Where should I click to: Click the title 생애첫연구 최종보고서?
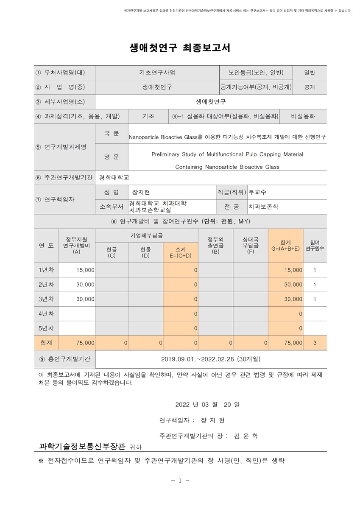[180, 48]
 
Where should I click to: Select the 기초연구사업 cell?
[157, 73]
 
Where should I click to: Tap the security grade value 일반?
[310, 73]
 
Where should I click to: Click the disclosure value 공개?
[310, 87]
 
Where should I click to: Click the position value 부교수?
[257, 193]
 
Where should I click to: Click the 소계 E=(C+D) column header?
[181, 252]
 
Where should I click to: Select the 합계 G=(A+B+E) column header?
[285, 246]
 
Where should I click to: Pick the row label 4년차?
[46, 313]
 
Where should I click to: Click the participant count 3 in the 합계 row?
[315, 343]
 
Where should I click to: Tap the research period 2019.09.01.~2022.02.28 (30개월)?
[211, 359]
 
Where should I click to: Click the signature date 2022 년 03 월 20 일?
[207, 405]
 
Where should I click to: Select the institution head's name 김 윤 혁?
[246, 436]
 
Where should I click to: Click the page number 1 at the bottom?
[180, 481]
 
